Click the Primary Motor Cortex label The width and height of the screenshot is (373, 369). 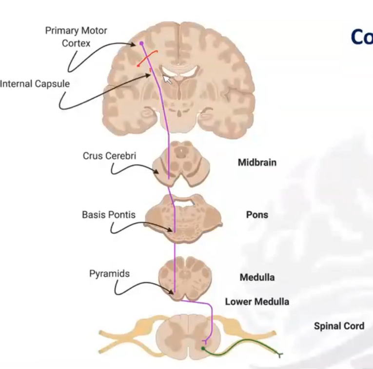[76, 37]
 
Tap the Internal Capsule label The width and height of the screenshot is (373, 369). [35, 84]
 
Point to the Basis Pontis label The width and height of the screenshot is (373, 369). [109, 214]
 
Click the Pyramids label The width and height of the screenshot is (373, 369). [110, 273]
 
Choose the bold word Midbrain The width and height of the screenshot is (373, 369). [257, 163]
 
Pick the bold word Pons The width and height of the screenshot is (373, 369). [257, 215]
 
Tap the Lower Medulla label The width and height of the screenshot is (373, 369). [257, 302]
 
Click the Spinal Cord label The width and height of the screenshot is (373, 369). [339, 326]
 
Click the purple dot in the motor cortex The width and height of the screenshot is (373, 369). [142, 43]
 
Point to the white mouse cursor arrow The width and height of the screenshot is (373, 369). [167, 79]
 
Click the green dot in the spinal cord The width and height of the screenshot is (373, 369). [203, 348]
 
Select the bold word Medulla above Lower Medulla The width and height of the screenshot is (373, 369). [257, 278]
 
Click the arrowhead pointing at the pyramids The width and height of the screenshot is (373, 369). [171, 292]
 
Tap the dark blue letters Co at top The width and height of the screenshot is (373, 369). [362, 37]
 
